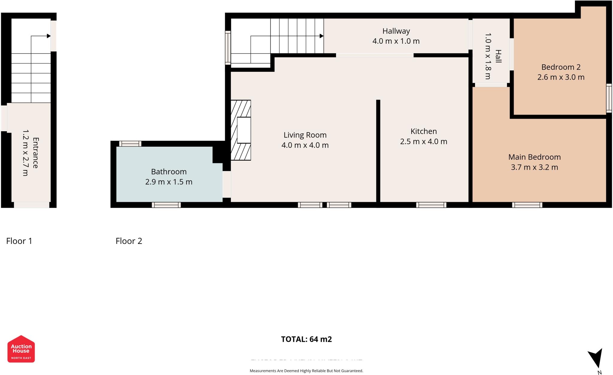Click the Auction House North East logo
coord(21,349)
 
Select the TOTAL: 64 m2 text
coord(306,339)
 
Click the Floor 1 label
coord(19,241)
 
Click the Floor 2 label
coord(129,241)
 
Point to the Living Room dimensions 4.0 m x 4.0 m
coord(305,145)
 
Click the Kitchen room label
coord(423,131)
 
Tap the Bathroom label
coord(169,172)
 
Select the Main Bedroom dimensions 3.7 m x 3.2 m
coord(534,167)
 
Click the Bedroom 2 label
coord(561,67)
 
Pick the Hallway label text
coord(396,31)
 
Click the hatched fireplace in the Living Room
coord(241,130)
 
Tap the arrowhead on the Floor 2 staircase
coord(321,36)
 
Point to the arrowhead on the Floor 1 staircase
coord(48,36)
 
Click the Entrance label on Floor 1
coord(35,153)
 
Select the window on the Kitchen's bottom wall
coord(431,205)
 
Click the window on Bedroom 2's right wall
coord(609,98)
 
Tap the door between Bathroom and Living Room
coord(227,184)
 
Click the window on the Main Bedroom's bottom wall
coord(527,205)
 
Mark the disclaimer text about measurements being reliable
coord(306,371)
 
